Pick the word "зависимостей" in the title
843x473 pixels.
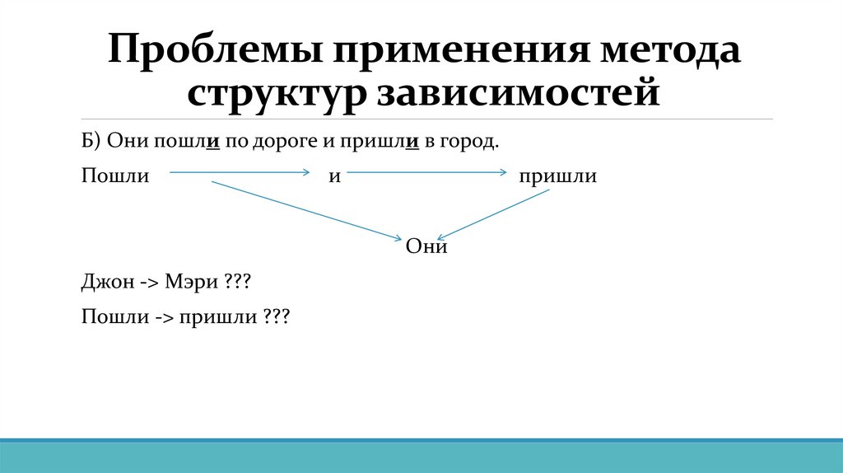[519, 92]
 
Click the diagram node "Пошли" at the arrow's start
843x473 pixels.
[115, 176]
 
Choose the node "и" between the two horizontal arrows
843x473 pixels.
[335, 177]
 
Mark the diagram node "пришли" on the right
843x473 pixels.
[557, 176]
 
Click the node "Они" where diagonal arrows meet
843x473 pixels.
[426, 246]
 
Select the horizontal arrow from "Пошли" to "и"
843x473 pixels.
[238, 172]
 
